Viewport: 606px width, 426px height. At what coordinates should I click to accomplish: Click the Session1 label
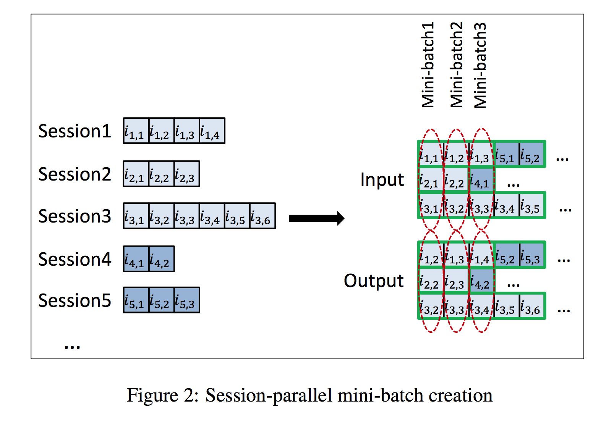[x=75, y=131]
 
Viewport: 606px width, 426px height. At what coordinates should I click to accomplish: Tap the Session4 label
[x=75, y=259]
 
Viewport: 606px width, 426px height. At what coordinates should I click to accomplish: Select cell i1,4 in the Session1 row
[x=212, y=131]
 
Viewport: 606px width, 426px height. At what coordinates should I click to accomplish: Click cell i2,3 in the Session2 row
[x=187, y=174]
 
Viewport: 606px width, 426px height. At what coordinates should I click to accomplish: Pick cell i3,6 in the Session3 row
[x=262, y=216]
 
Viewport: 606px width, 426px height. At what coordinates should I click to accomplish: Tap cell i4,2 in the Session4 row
[x=162, y=259]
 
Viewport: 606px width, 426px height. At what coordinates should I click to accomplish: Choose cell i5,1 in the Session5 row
[x=136, y=300]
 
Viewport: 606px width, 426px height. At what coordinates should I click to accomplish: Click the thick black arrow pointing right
[x=316, y=218]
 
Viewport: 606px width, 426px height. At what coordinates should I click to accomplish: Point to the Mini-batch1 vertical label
[x=428, y=65]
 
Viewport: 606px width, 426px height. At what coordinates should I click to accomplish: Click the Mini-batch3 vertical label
[x=480, y=65]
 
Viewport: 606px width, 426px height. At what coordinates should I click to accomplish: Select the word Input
[x=382, y=179]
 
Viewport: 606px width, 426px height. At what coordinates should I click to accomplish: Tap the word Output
[x=373, y=281]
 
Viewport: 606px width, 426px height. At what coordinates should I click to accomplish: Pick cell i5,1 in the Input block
[x=506, y=154]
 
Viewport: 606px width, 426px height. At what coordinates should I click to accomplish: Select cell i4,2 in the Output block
[x=481, y=281]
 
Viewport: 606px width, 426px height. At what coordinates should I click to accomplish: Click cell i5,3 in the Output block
[x=531, y=255]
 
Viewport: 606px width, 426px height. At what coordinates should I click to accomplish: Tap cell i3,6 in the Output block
[x=531, y=306]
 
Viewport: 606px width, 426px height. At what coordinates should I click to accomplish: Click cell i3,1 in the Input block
[x=430, y=205]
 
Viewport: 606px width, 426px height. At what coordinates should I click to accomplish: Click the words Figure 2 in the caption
[x=162, y=395]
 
